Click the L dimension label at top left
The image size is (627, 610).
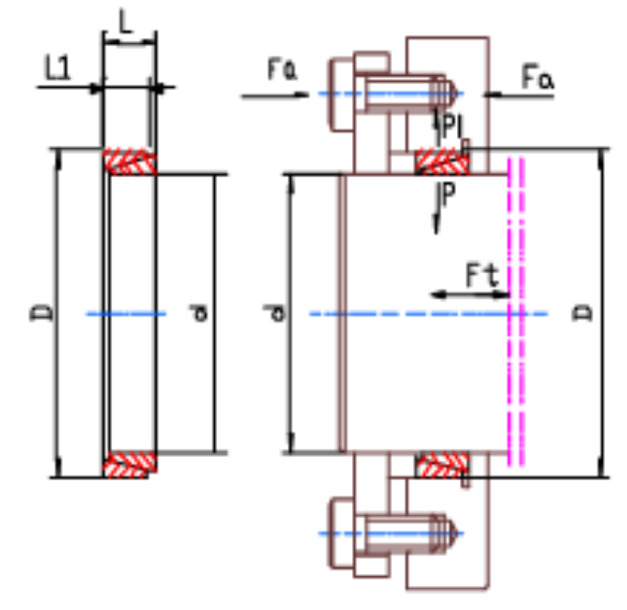pyautogui.click(x=125, y=23)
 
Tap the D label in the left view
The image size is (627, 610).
pyautogui.click(x=42, y=312)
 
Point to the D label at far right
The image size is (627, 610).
pyautogui.click(x=582, y=312)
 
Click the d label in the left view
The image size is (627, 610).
pyautogui.click(x=198, y=312)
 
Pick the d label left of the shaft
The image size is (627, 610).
pyautogui.click(x=274, y=312)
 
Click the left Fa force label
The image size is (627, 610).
pyautogui.click(x=281, y=69)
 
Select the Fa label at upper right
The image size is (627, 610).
pyautogui.click(x=538, y=77)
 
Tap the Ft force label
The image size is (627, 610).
pyautogui.click(x=483, y=275)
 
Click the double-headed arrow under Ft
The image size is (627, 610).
pyautogui.click(x=470, y=295)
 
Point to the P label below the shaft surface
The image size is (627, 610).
pyautogui.click(x=449, y=193)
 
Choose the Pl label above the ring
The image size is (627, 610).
pyautogui.click(x=452, y=127)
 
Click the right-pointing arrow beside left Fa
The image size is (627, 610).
pyautogui.click(x=275, y=95)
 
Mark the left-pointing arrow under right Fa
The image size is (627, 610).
pyautogui.click(x=519, y=95)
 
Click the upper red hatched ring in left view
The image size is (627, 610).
pyautogui.click(x=130, y=161)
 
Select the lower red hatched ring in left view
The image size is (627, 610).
pyautogui.click(x=130, y=464)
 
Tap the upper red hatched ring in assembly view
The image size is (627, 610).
pyautogui.click(x=442, y=161)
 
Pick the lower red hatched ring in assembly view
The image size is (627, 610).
pyautogui.click(x=442, y=464)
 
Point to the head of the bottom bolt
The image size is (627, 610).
pyautogui.click(x=341, y=533)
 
